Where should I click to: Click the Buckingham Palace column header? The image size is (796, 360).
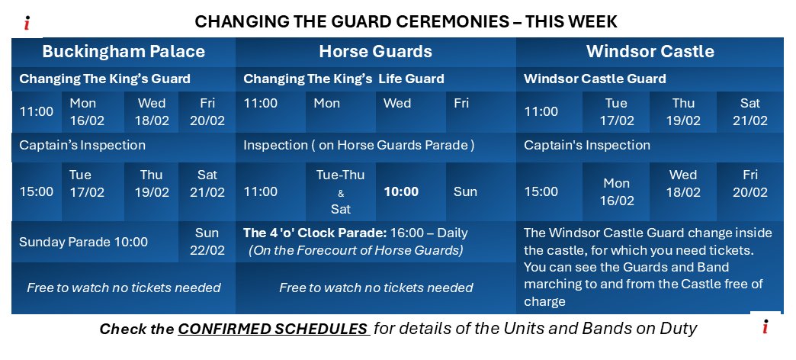tap(124, 52)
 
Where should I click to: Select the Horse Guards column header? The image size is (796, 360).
tap(375, 52)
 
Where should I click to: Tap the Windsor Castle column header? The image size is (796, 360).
tap(650, 52)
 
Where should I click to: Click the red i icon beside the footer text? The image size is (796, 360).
tap(765, 327)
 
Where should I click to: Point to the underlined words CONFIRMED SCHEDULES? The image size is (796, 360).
tap(274, 329)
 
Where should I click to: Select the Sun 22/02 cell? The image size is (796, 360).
tap(207, 242)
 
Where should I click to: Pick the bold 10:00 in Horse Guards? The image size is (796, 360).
tap(401, 191)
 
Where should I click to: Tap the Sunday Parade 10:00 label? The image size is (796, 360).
tap(83, 242)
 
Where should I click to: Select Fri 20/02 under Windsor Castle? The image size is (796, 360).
tap(749, 184)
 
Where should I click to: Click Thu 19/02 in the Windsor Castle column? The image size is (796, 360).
tap(683, 111)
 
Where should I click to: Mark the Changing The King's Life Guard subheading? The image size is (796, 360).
tap(343, 79)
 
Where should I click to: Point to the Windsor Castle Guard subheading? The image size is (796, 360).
tap(595, 79)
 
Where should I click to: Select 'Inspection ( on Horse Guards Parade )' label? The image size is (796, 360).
tap(358, 145)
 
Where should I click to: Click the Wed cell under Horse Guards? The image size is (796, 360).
tap(396, 104)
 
